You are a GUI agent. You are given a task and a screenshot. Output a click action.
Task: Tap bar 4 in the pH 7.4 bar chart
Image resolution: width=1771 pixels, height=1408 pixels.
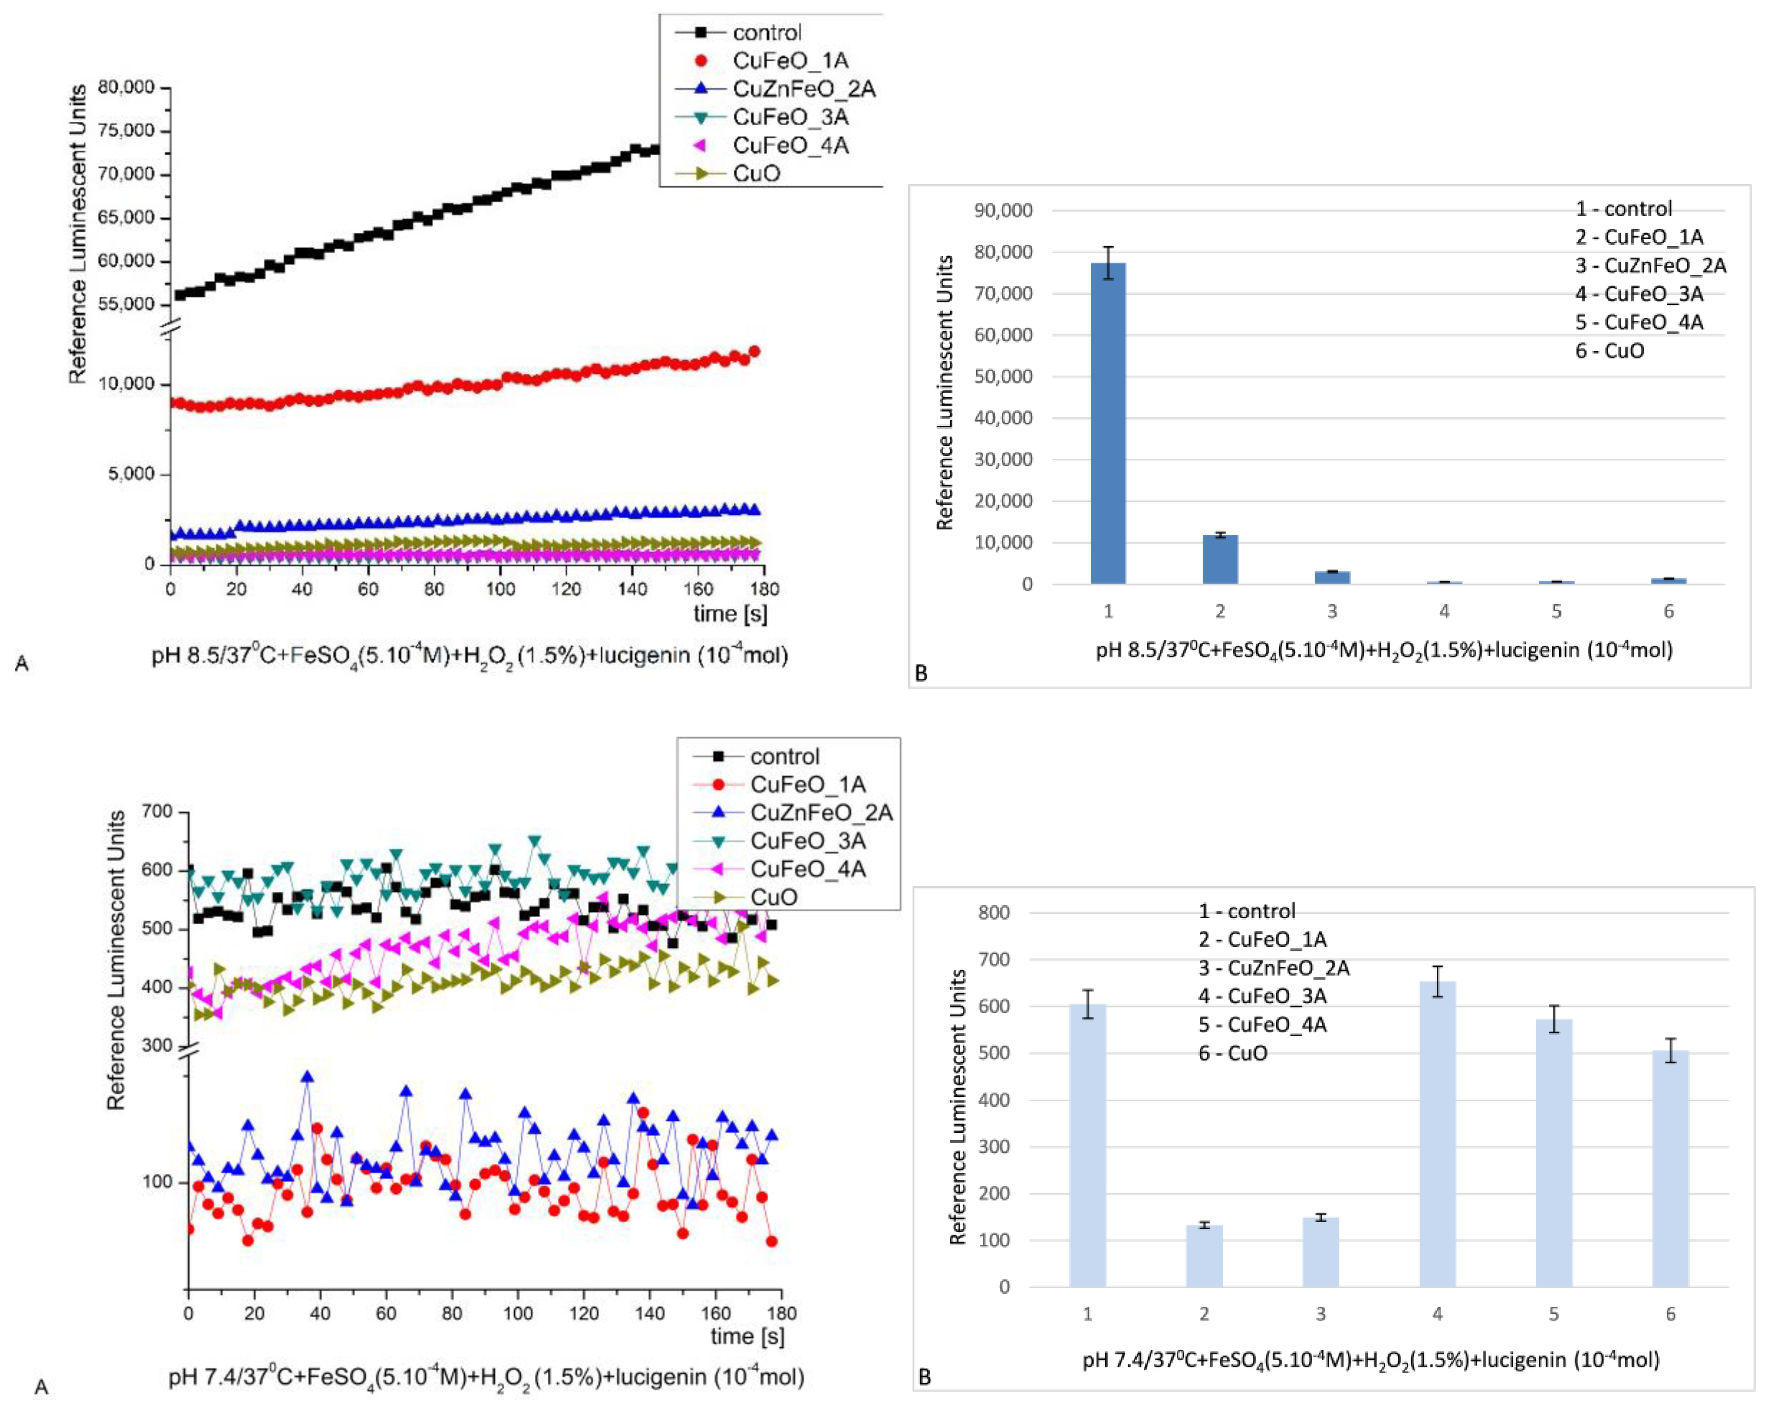point(1437,1134)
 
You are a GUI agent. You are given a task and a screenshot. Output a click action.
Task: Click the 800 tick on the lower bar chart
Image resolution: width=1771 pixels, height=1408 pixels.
point(994,913)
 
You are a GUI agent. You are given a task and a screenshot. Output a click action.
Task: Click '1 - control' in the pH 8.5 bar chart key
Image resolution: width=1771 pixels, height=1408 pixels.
point(1622,209)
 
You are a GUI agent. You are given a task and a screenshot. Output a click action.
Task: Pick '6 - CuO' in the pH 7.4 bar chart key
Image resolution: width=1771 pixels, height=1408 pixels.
point(1232,1053)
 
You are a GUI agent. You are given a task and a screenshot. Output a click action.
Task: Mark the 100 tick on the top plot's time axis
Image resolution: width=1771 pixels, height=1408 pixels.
point(500,589)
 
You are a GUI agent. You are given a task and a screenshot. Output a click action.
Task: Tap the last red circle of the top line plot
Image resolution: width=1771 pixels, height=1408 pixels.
point(754,352)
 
